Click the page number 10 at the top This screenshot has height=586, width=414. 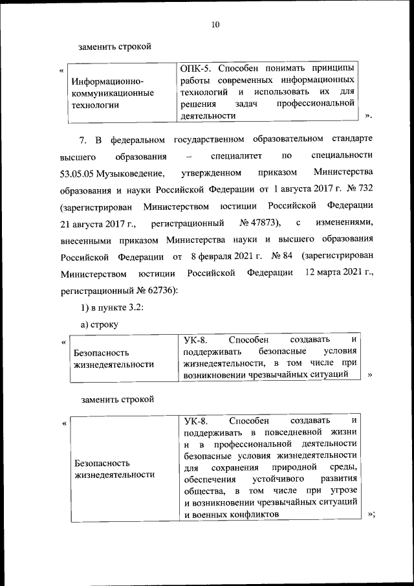click(x=215, y=25)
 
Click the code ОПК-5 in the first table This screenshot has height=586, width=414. click(x=196, y=68)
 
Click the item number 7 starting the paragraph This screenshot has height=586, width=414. click(x=82, y=140)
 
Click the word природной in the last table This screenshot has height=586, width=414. click(x=296, y=467)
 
